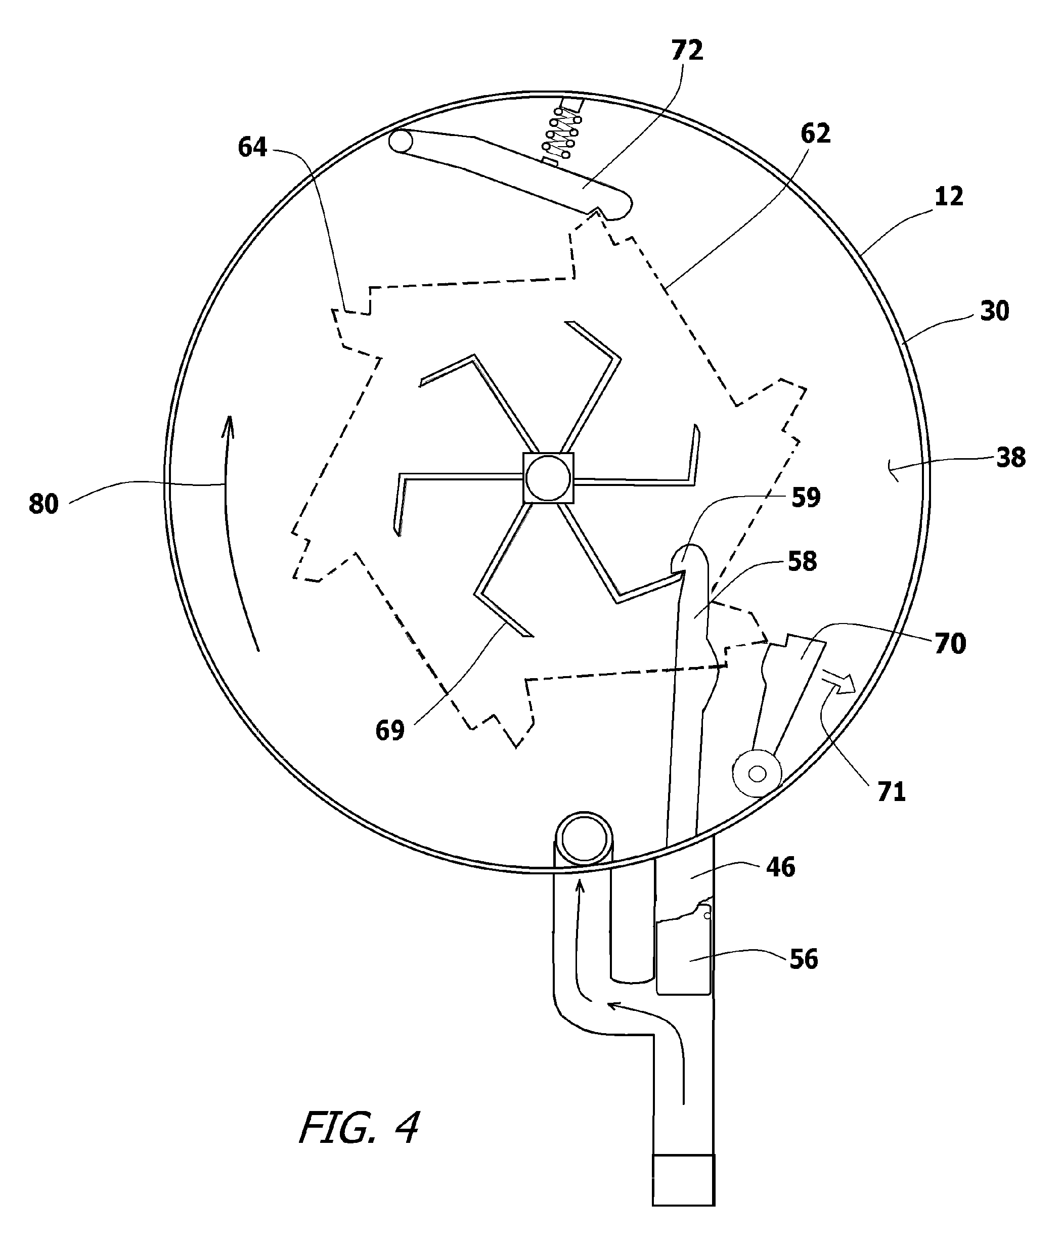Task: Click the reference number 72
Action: [687, 51]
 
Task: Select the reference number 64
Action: [252, 147]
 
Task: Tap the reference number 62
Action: [815, 133]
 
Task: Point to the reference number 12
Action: [949, 196]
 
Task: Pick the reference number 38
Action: [1011, 457]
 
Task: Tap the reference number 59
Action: [806, 497]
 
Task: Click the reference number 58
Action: [802, 561]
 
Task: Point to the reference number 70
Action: [950, 643]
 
